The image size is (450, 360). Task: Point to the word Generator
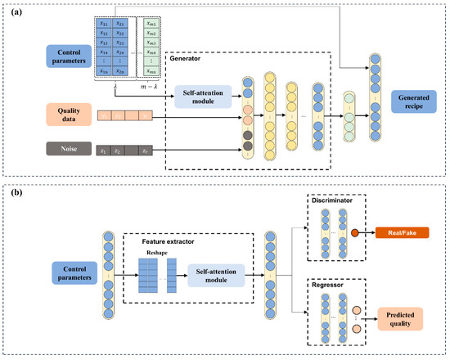coord(184,58)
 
